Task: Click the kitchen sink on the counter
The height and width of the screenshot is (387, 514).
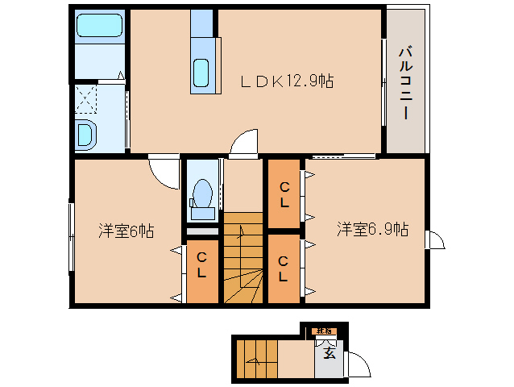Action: (x=202, y=73)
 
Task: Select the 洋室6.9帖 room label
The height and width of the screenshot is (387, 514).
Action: (x=372, y=229)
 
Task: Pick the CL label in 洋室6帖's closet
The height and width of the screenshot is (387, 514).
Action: (x=203, y=264)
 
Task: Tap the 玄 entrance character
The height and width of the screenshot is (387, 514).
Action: (x=329, y=352)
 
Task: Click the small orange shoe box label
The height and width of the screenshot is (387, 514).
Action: (x=324, y=331)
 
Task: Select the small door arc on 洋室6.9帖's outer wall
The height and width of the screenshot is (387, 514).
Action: (x=436, y=240)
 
